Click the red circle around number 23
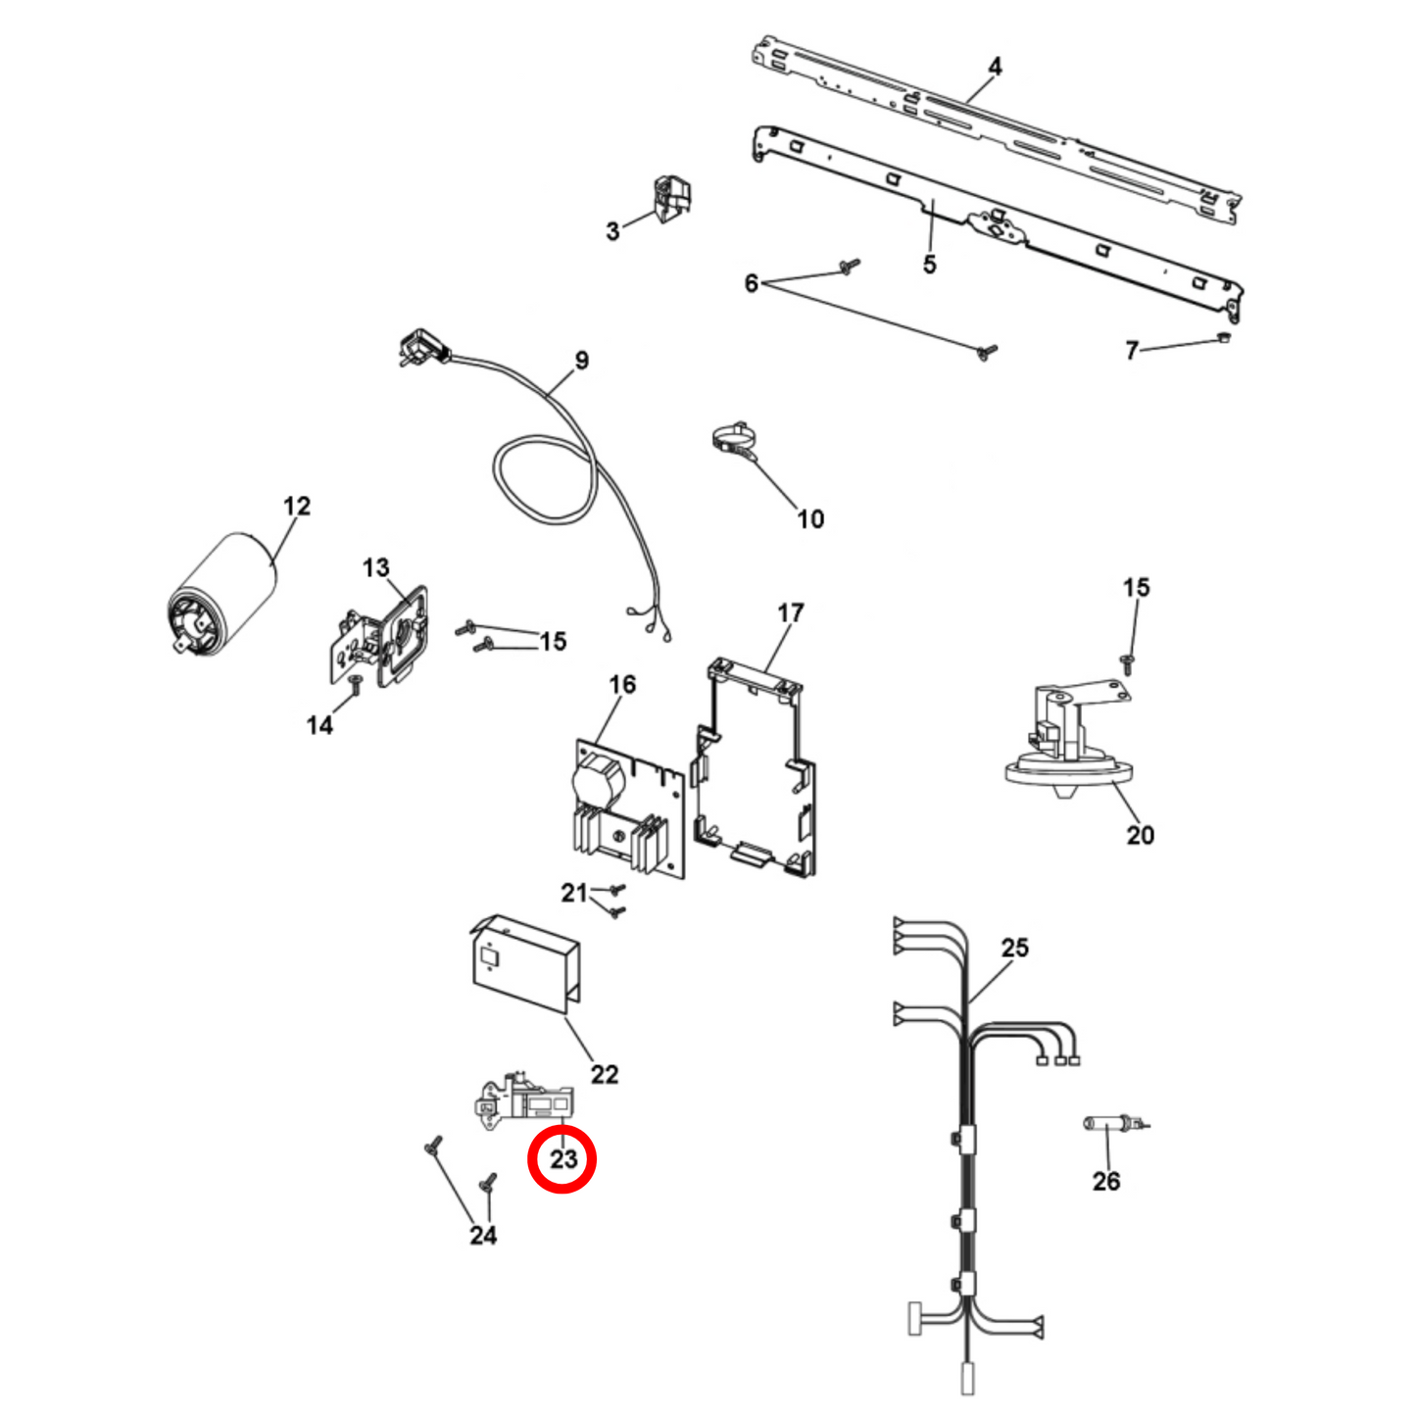click(x=562, y=1159)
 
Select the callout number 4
click(x=995, y=67)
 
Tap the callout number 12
click(x=297, y=506)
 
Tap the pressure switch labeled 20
click(x=1064, y=744)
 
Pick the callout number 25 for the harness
click(x=1015, y=948)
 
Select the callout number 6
click(x=752, y=283)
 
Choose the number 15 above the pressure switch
click(x=1136, y=587)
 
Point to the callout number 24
click(x=483, y=1235)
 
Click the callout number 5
click(x=929, y=265)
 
